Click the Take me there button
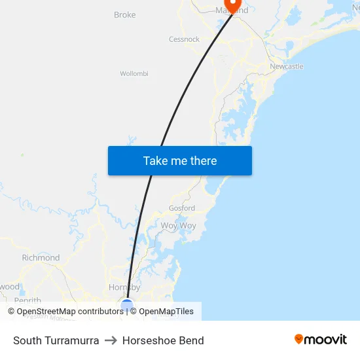[179, 160]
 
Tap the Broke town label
[124, 14]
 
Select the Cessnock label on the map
[184, 39]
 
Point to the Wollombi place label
[134, 73]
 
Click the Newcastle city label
[287, 66]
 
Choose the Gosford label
[182, 208]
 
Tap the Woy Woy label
[178, 225]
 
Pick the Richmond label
[41, 258]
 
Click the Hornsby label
[124, 287]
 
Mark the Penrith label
[27, 300]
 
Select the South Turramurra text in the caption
[56, 340]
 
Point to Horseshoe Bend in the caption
[163, 340]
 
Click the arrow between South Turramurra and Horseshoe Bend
[111, 340]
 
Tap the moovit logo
[321, 339]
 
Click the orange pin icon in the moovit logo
[299, 339]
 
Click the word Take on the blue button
[155, 160]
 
